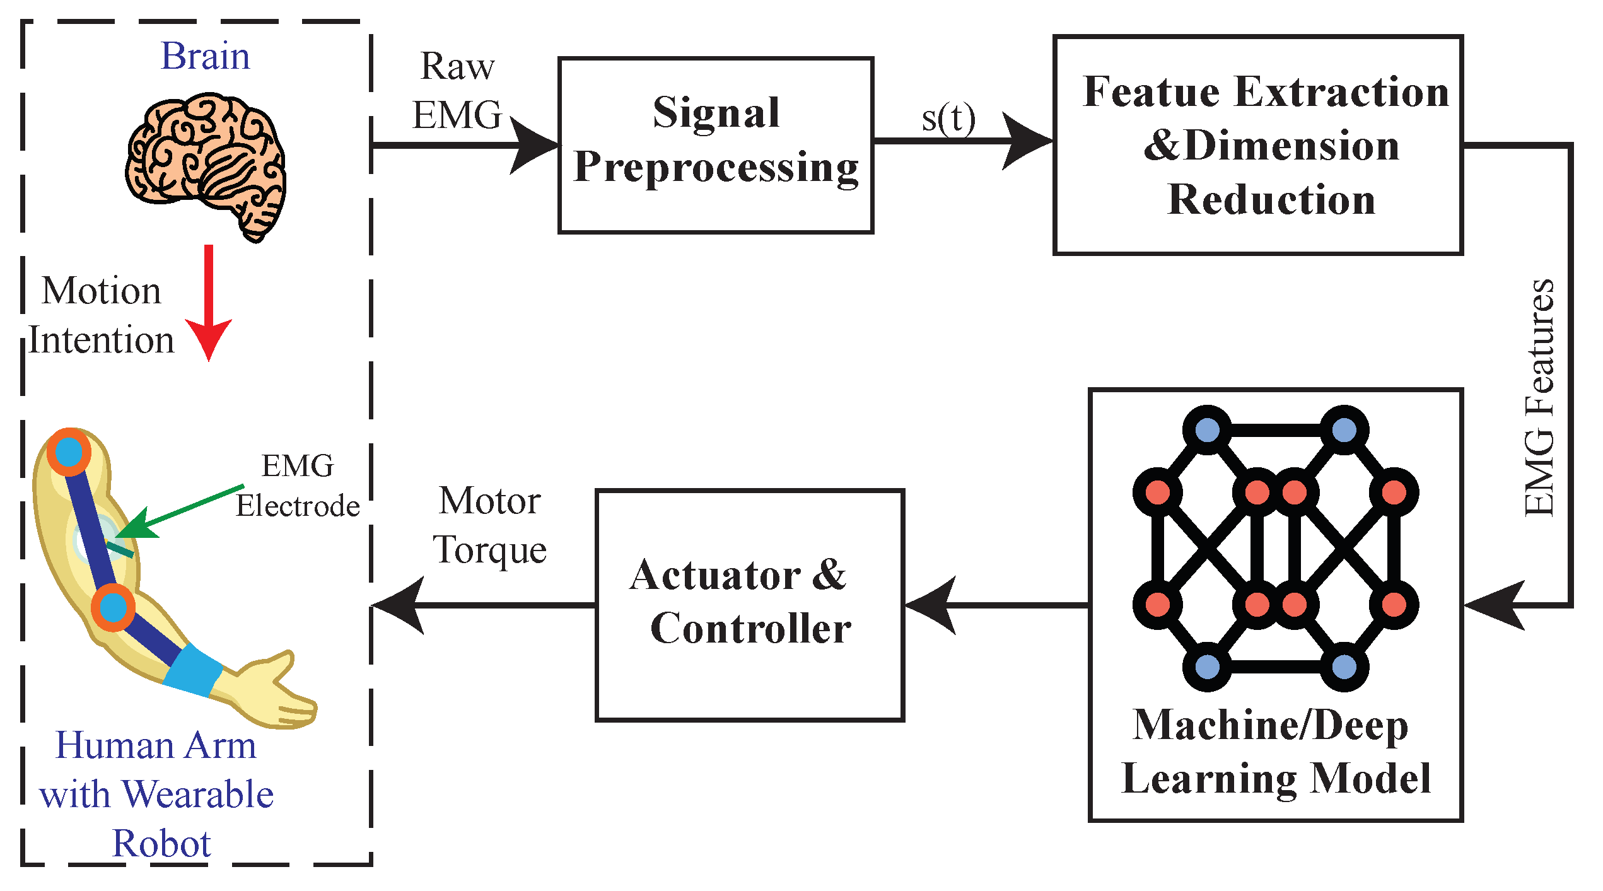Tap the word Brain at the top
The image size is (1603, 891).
coord(205,56)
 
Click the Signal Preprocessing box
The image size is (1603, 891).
coord(716,145)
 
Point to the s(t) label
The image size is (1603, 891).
coord(948,119)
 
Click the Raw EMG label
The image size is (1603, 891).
coord(457,90)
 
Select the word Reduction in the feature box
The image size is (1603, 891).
coord(1271,200)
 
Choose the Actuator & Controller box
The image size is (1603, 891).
coord(750,604)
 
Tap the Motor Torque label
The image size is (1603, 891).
coord(489,525)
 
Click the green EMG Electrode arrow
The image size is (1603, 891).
coord(183,511)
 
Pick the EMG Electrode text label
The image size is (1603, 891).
coord(298,486)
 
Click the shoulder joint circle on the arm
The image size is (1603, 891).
coord(69,451)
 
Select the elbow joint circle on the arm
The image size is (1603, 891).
coord(113,607)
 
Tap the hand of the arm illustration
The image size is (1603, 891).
coord(277,690)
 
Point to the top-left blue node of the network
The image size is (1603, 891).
coord(1207,431)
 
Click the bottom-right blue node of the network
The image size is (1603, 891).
coord(1344,667)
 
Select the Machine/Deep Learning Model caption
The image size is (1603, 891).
coord(1275,752)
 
